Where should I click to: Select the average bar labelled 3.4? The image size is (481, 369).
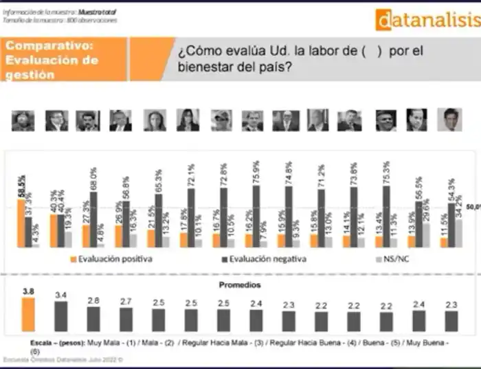tap(61, 317)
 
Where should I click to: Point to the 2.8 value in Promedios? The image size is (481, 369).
tap(93, 300)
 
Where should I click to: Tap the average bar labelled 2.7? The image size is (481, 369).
tap(126, 320)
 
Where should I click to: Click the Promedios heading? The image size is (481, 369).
tap(240, 284)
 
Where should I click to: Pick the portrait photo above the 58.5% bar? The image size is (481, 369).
tap(23, 120)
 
